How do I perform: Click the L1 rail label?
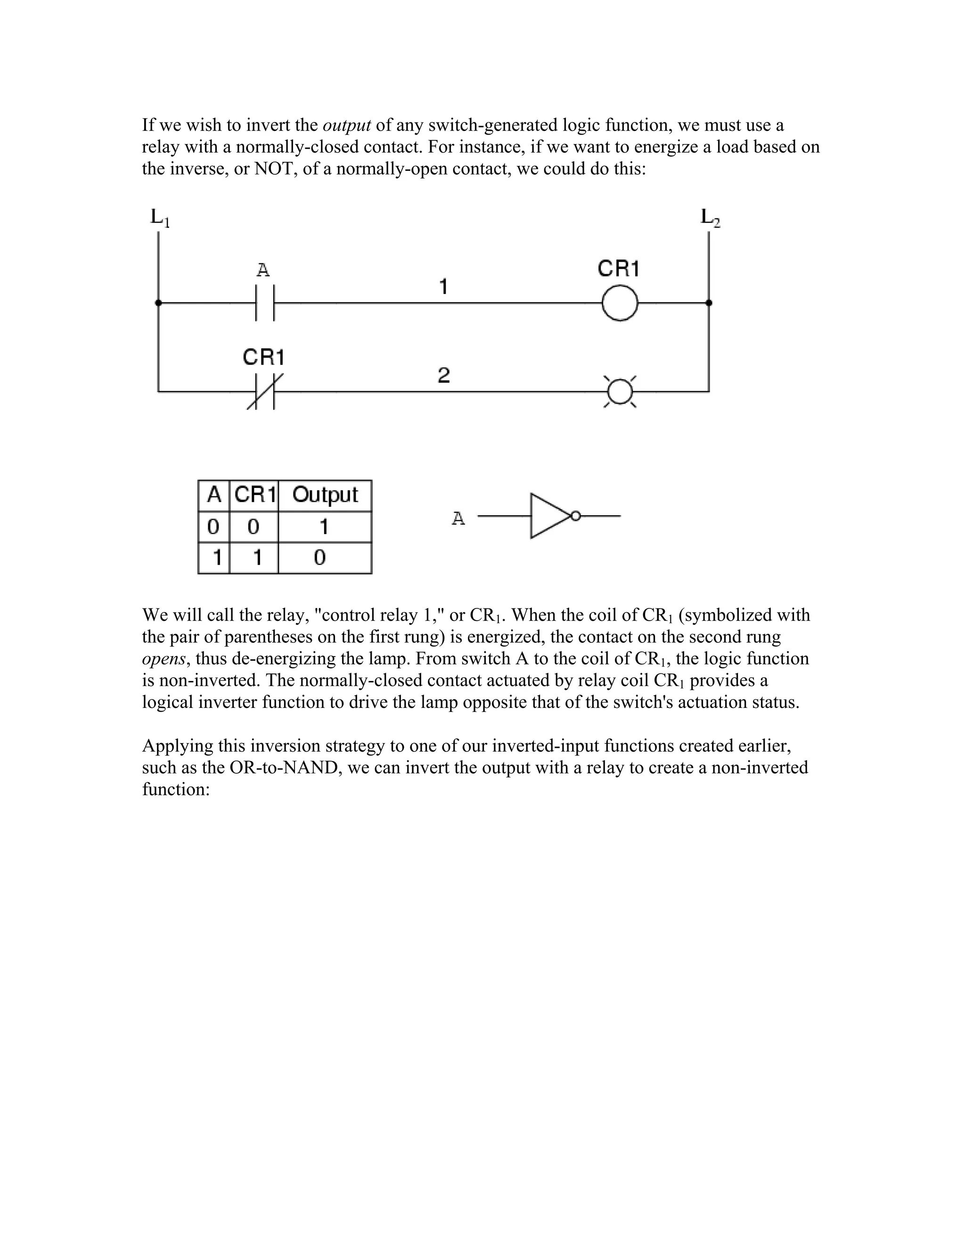tap(160, 218)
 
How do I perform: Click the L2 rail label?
tap(711, 218)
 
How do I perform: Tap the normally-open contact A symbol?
tap(265, 303)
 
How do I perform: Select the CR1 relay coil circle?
tap(620, 303)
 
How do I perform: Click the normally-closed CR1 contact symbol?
tap(265, 391)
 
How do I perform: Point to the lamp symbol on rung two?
tap(620, 392)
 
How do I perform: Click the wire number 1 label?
tap(443, 286)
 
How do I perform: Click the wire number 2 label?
tap(443, 375)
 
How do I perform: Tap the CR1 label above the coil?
tap(618, 268)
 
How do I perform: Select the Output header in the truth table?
tap(325, 495)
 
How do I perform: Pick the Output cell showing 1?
tap(324, 527)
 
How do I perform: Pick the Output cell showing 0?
tap(320, 557)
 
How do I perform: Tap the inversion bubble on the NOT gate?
tap(576, 516)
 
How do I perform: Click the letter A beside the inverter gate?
tap(458, 519)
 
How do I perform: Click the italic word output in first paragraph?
tap(347, 125)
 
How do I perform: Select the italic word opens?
tap(164, 659)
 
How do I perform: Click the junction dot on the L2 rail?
tap(709, 303)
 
